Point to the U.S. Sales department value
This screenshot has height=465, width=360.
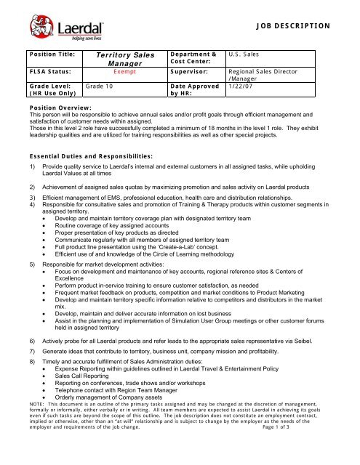(x=247, y=54)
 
